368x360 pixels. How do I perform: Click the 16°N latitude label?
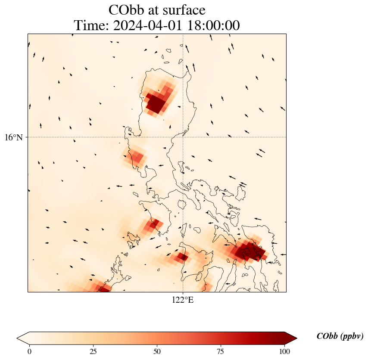pyautogui.click(x=16, y=137)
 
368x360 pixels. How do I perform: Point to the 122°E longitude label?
pyautogui.click(x=183, y=300)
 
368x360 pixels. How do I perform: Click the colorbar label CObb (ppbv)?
pyautogui.click(x=340, y=336)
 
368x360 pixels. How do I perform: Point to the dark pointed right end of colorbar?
pyautogui.click(x=291, y=338)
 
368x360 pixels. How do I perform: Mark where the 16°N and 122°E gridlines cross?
pyautogui.click(x=183, y=137)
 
